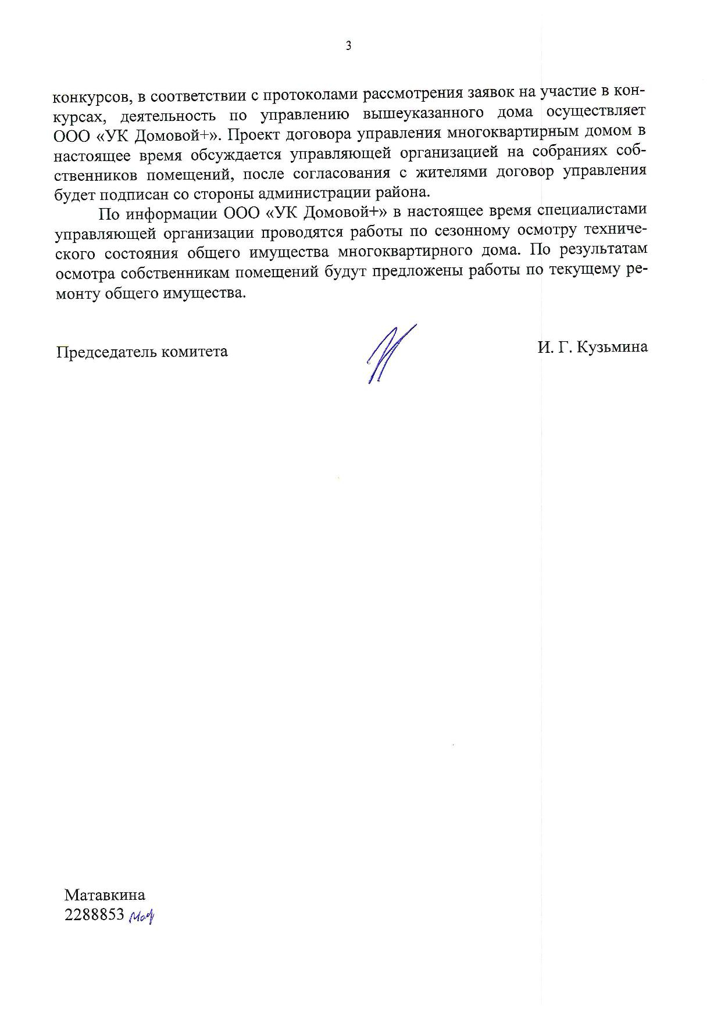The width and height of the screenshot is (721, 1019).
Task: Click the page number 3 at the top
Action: click(348, 47)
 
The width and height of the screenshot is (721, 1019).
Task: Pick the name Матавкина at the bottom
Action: click(105, 895)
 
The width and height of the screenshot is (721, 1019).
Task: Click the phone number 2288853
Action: click(95, 914)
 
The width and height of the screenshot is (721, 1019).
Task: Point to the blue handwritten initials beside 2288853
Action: click(142, 917)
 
